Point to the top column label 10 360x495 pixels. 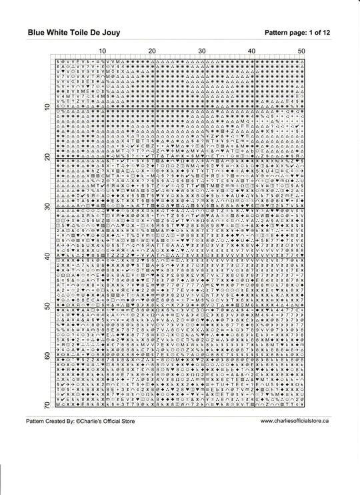[102, 51]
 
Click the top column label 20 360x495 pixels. [152, 51]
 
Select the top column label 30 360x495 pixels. [202, 51]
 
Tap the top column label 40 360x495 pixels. [252, 51]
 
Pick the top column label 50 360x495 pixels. [301, 51]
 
